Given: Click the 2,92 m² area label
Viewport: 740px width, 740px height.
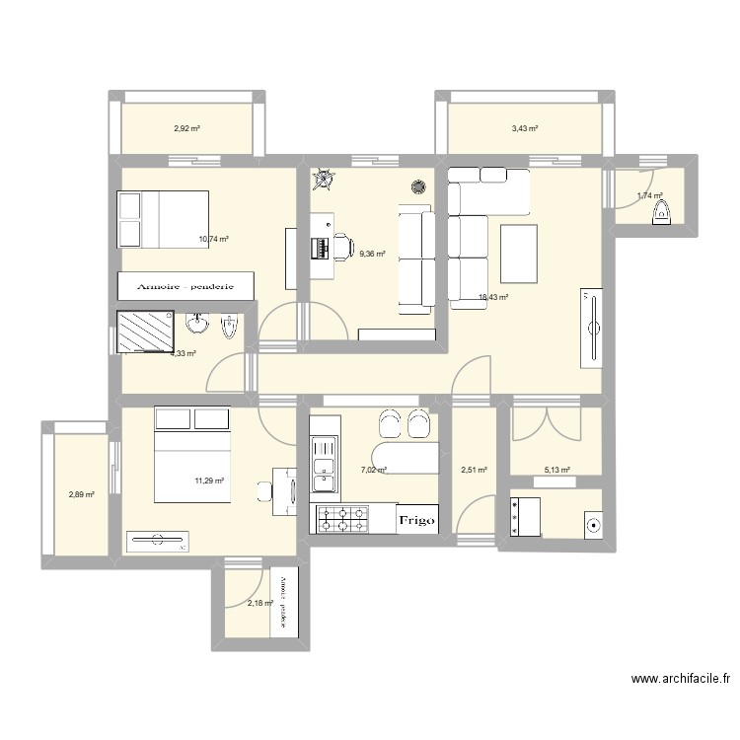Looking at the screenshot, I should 187,128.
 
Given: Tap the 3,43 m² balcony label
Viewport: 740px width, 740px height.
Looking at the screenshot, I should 524,128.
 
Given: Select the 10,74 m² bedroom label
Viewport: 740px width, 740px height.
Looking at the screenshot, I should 213,239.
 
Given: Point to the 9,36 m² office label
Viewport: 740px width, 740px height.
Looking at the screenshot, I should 373,255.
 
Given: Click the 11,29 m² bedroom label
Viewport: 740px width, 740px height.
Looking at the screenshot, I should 209,481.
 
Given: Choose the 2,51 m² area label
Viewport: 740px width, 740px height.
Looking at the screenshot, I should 475,471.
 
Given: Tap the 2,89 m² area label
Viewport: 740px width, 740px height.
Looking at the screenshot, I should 81,494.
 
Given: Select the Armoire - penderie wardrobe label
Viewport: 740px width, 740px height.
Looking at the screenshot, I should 185,286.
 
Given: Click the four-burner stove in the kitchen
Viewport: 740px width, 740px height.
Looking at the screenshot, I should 340,519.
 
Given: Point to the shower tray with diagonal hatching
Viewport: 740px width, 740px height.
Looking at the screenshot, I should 145,332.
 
